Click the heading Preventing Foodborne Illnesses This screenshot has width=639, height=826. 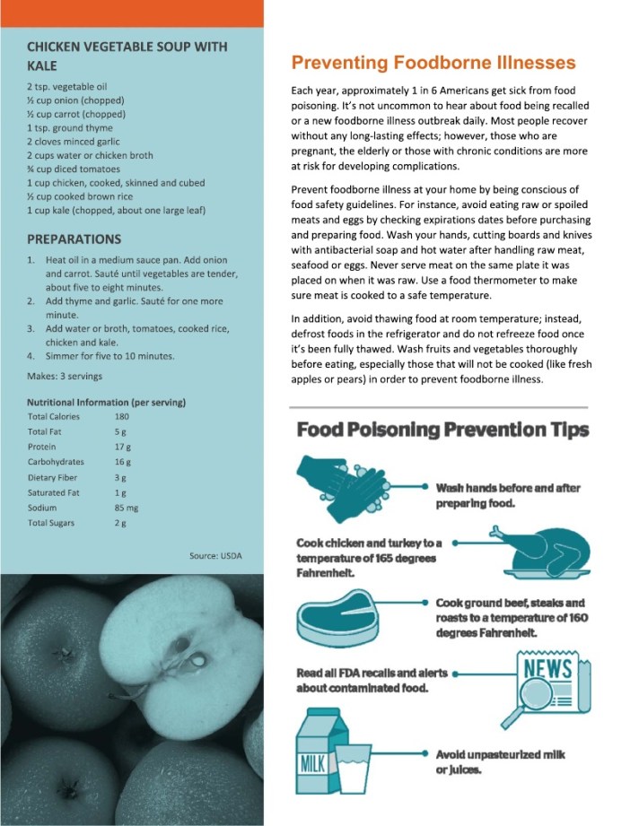pyautogui.click(x=433, y=63)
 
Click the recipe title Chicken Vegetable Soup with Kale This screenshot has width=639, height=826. pyautogui.click(x=127, y=56)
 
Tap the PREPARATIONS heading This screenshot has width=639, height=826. pyautogui.click(x=74, y=239)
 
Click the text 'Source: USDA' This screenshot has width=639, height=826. pyautogui.click(x=215, y=556)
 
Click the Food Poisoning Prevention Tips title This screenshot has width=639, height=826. pyautogui.click(x=443, y=430)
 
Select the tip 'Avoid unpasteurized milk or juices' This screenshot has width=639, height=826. pyautogui.click(x=500, y=761)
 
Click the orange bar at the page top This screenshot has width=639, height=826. pyautogui.click(x=132, y=13)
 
